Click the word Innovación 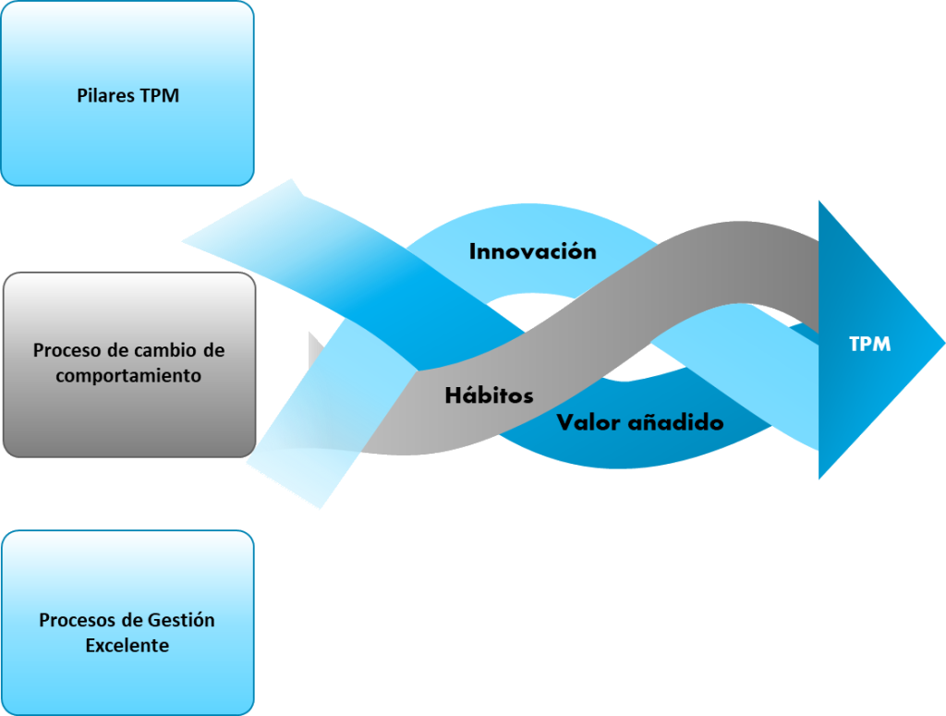pyautogui.click(x=532, y=251)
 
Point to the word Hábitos pyautogui.click(x=489, y=395)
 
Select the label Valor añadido pyautogui.click(x=639, y=422)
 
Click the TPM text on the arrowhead pyautogui.click(x=869, y=344)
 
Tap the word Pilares pyautogui.click(x=106, y=95)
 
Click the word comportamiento pyautogui.click(x=128, y=375)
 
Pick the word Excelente pyautogui.click(x=127, y=645)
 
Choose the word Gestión pyautogui.click(x=181, y=620)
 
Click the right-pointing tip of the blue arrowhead pyautogui.click(x=940, y=343)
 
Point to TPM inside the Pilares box pyautogui.click(x=159, y=95)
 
